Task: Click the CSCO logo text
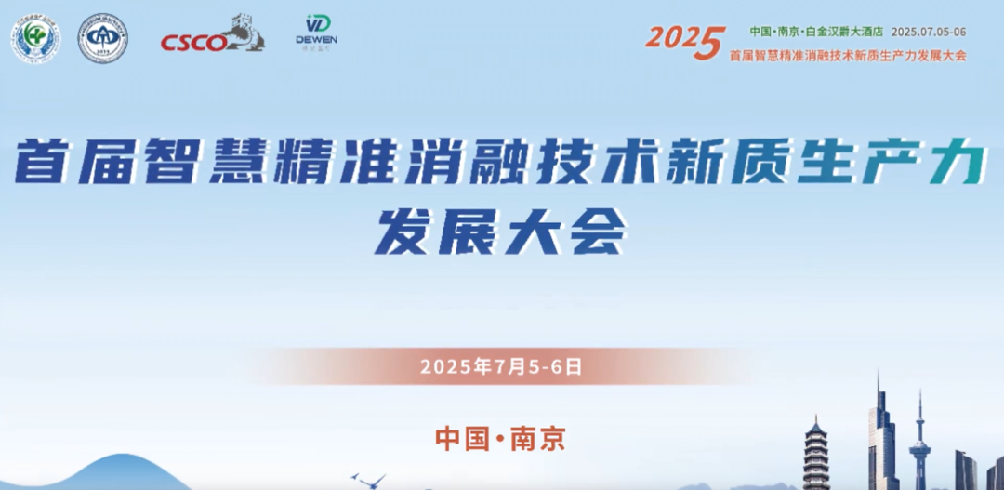point(192,43)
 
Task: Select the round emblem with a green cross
point(35,38)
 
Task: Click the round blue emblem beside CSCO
point(102,38)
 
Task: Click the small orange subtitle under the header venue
point(848,55)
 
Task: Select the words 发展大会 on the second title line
point(500,232)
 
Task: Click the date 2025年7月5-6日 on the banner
point(501,366)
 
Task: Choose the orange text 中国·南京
point(500,437)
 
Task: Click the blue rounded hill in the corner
point(93,474)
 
